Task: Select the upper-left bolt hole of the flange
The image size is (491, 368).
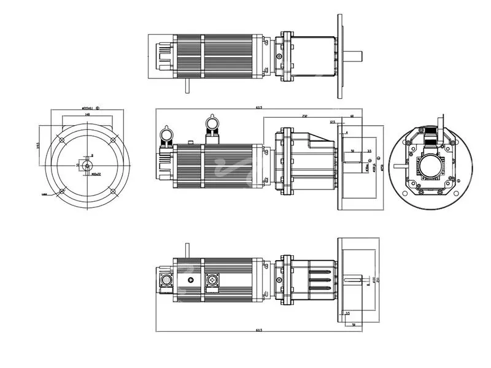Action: [x=62, y=140]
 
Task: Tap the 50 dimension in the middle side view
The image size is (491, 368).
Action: [x=352, y=150]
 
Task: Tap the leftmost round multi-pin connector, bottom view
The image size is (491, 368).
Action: [x=166, y=280]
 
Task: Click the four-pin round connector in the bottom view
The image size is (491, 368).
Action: [x=212, y=280]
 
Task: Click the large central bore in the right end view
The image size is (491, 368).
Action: [x=429, y=166]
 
